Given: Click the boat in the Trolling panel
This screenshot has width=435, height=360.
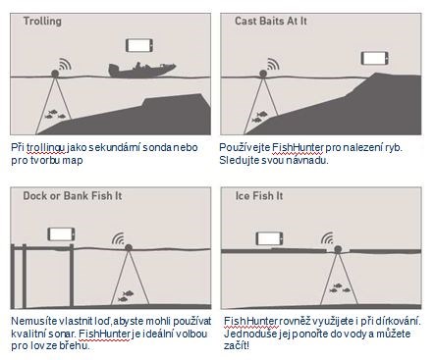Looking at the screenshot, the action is pos(141,71).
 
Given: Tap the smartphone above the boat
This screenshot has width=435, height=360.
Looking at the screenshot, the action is pos(139,45).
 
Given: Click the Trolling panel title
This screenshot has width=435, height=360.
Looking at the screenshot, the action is pos(42,22).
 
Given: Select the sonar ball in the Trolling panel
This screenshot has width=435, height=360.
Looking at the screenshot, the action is pos(55,74).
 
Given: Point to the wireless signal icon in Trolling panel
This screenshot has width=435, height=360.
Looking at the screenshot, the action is pos(65,65).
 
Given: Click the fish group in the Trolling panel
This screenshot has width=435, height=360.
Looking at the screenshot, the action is pos(55,114).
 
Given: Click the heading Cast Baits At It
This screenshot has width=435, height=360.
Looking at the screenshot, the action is pos(271,21).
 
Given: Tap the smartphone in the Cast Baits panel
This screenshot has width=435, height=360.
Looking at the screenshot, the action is pos(375,58).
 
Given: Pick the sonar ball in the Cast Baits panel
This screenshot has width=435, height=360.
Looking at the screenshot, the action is pos(263,74).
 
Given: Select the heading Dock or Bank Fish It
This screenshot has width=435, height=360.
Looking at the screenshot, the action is pos(73,196).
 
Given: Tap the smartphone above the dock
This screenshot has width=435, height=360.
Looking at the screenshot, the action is pos(61,234).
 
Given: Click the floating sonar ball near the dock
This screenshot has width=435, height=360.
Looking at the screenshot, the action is pos(129,247).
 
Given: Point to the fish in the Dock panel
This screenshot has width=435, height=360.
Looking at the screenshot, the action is pos(126,296).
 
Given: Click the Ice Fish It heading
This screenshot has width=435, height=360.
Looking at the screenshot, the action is pos(259,196).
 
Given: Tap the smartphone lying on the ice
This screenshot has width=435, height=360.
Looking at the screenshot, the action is pos(269,238).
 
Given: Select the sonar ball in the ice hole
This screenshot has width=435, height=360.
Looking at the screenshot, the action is pos(338,249).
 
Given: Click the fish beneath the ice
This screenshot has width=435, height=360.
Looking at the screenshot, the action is pos(340,288).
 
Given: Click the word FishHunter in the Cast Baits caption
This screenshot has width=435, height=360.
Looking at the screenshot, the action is pos(298,147).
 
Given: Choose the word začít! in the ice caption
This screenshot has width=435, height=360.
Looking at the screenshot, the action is pos(237,345).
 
